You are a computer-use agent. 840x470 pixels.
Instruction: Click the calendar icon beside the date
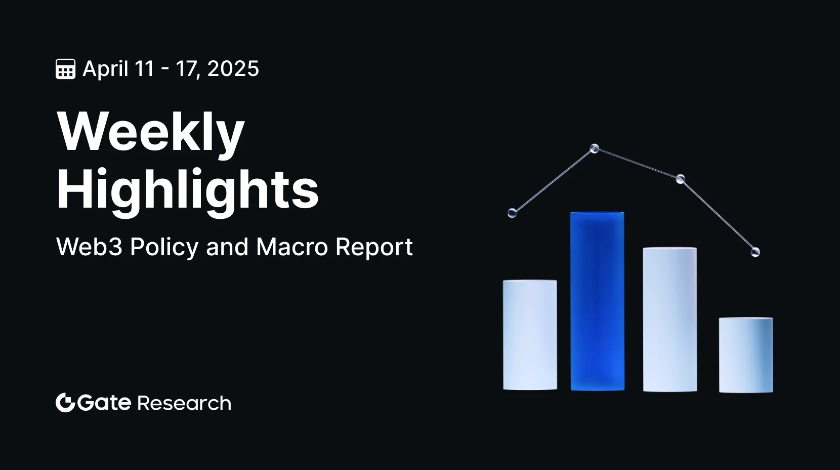pyautogui.click(x=66, y=69)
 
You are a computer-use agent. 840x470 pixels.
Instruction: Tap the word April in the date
pyautogui.click(x=105, y=69)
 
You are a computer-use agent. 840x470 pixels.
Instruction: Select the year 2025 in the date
pyautogui.click(x=233, y=69)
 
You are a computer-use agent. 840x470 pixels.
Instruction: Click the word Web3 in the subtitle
pyautogui.click(x=89, y=247)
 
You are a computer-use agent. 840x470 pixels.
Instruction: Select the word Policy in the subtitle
pyautogui.click(x=164, y=248)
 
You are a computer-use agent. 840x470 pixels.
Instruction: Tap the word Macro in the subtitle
pyautogui.click(x=292, y=247)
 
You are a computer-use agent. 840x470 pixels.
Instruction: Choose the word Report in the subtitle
pyautogui.click(x=374, y=248)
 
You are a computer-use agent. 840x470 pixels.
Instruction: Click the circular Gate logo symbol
pyautogui.click(x=66, y=403)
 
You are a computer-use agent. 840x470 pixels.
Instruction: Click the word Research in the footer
pyautogui.click(x=184, y=403)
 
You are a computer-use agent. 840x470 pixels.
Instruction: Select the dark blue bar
pyautogui.click(x=598, y=301)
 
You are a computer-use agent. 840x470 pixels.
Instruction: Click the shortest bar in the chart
pyautogui.click(x=746, y=355)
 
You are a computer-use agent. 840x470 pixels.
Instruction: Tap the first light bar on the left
pyautogui.click(x=530, y=335)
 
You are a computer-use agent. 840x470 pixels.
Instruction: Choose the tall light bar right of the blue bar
pyautogui.click(x=670, y=320)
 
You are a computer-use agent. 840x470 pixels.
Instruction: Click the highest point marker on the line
pyautogui.click(x=595, y=149)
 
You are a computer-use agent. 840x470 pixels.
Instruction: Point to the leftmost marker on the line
pyautogui.click(x=512, y=213)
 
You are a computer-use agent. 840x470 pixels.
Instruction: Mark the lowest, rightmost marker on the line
pyautogui.click(x=755, y=252)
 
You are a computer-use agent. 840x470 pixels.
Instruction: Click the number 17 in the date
pyautogui.click(x=188, y=69)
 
